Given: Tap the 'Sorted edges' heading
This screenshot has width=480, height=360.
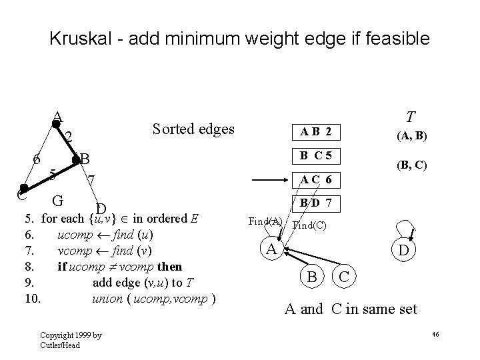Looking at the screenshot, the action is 193,128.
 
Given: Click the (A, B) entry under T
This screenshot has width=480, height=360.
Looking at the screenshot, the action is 412,137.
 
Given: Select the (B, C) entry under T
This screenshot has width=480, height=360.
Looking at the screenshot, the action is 411,164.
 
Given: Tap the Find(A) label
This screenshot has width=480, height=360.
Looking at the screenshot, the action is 265,222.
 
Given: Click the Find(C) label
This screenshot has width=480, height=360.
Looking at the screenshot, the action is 309,225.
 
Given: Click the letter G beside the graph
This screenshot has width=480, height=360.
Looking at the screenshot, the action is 58,199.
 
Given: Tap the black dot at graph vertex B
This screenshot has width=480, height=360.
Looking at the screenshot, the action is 76,159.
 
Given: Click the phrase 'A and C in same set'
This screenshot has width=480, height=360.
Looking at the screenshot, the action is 351,309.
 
